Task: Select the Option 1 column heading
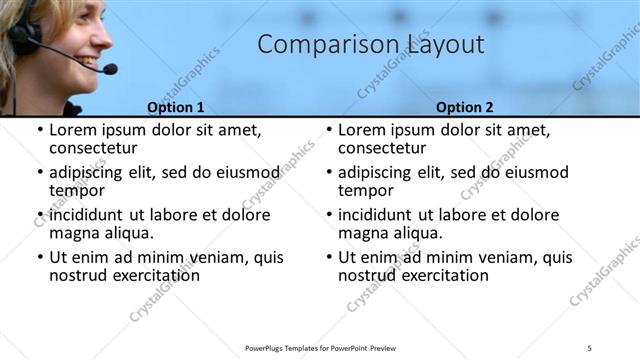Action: (176, 107)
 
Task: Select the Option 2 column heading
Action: (465, 107)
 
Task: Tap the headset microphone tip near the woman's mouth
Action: (109, 69)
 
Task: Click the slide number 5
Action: (590, 347)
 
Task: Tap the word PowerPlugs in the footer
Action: (267, 347)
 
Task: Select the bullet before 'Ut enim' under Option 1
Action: (39, 257)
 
